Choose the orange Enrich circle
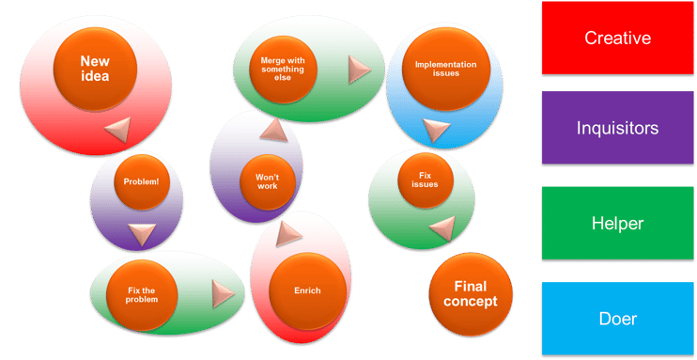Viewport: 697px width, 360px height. (307, 290)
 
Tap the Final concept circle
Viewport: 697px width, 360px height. (471, 294)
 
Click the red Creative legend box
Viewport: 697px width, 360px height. (617, 39)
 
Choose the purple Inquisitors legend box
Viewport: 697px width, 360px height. (617, 128)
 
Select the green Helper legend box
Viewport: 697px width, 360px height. (617, 224)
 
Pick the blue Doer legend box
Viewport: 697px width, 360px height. (617, 319)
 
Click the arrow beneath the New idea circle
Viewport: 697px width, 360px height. (117, 131)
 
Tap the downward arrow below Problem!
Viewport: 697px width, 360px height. (141, 234)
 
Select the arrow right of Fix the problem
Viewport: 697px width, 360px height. (223, 293)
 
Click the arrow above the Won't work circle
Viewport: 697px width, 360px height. (271, 130)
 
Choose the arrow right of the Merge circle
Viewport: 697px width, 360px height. (360, 69)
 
